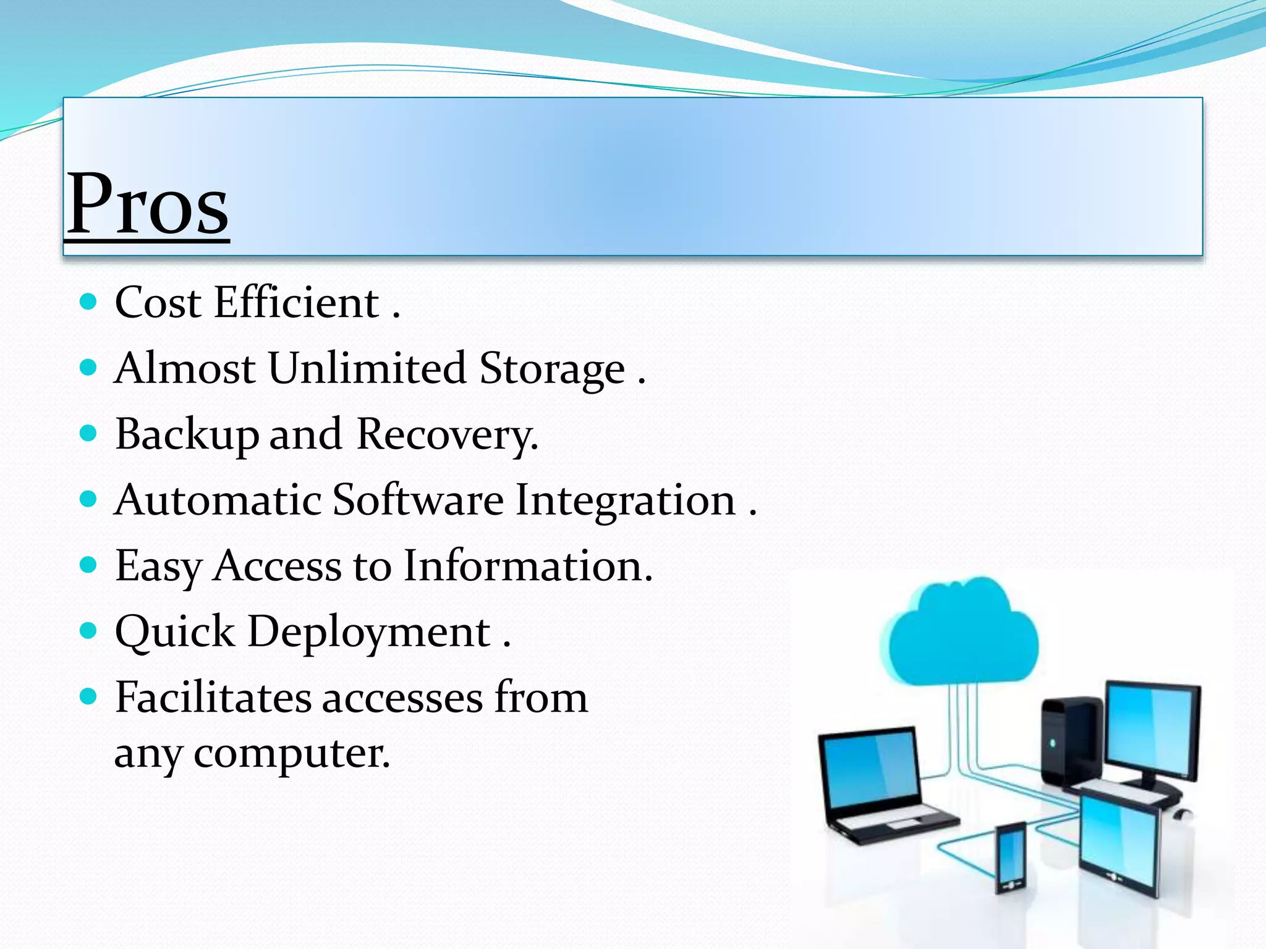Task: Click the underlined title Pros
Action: (148, 204)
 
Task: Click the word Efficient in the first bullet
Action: (296, 303)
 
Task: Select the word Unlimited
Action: (367, 368)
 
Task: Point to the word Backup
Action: (186, 435)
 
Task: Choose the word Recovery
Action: (447, 435)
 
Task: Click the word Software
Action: (418, 500)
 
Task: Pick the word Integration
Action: (625, 501)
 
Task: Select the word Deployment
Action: (369, 633)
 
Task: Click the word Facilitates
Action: (213, 698)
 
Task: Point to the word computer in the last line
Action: (292, 754)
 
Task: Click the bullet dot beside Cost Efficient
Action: (89, 302)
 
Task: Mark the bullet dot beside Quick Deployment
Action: (89, 631)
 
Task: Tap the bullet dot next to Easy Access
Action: (89, 565)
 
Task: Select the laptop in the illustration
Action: (878, 785)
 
